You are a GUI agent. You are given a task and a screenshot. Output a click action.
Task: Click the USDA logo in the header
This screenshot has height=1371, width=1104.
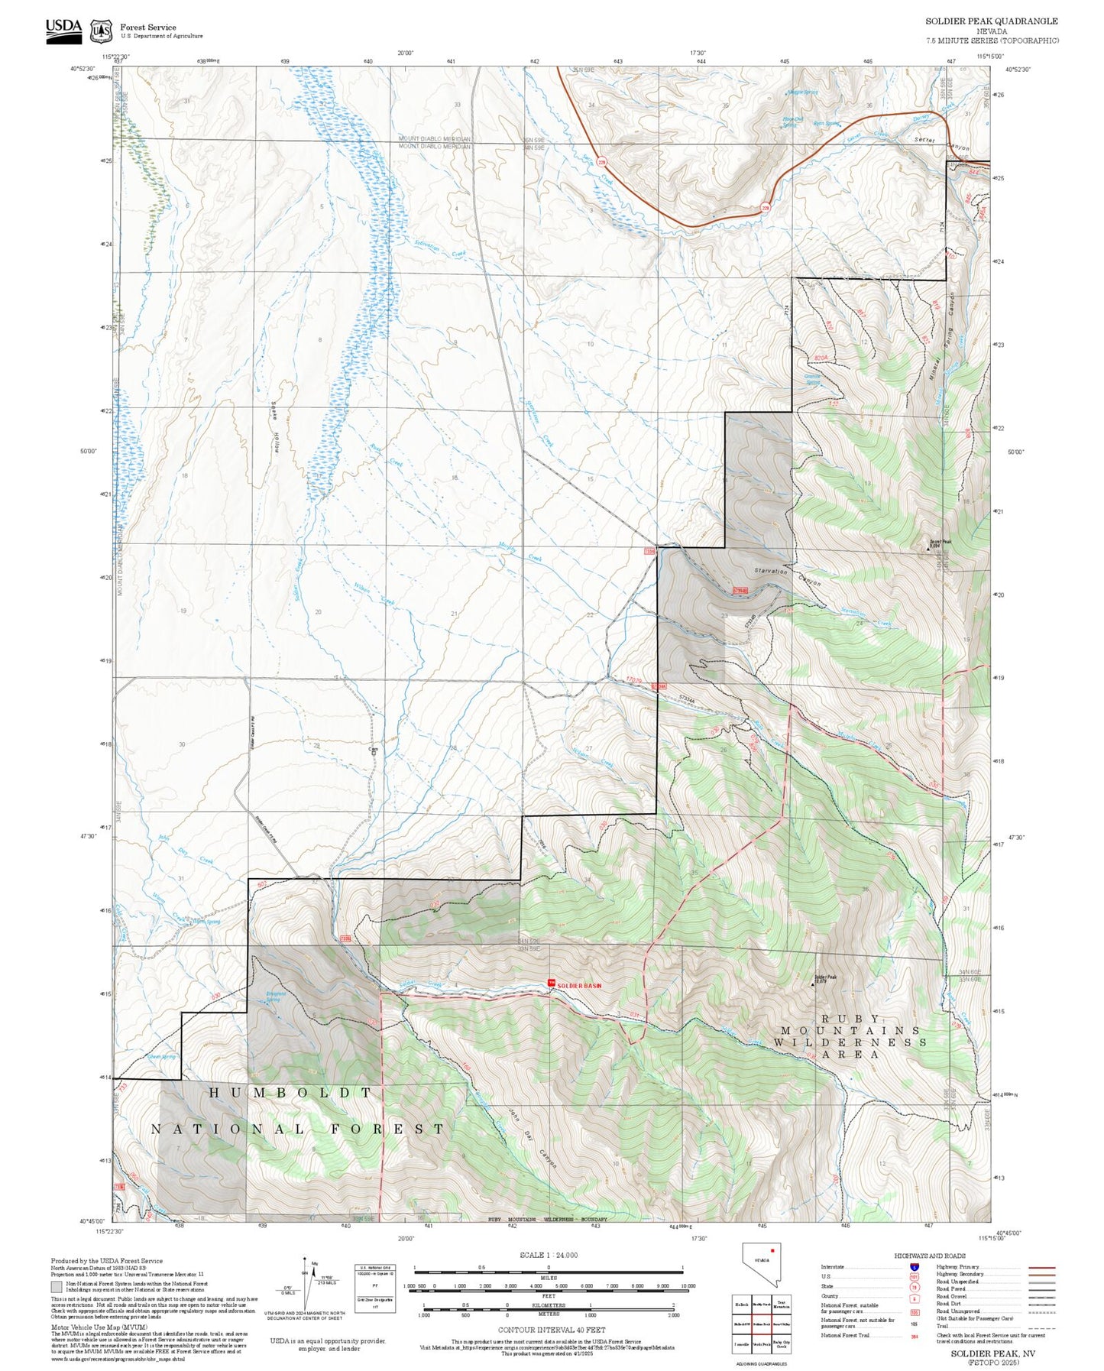coord(63,31)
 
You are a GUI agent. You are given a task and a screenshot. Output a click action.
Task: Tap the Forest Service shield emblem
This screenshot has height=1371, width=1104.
coord(101,31)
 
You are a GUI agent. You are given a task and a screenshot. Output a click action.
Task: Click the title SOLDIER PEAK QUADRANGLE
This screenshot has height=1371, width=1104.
coord(992,21)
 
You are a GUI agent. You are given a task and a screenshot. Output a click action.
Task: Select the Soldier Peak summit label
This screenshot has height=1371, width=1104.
coord(826,977)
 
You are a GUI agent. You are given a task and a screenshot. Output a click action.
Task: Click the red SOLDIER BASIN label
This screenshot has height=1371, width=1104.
coord(578,986)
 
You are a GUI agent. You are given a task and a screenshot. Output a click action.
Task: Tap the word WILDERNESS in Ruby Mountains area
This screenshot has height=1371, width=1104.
coord(850,1042)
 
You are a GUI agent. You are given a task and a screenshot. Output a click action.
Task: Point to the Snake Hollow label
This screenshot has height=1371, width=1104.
coord(274,427)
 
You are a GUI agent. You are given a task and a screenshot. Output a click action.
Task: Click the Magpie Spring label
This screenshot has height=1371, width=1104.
coord(802,92)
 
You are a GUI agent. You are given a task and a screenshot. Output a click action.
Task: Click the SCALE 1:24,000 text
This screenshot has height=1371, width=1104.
coord(549,1255)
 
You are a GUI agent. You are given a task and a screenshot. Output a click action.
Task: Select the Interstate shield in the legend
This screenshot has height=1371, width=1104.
coord(914,1266)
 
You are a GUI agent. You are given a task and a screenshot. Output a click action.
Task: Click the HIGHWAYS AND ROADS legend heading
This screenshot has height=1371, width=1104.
coord(931,1256)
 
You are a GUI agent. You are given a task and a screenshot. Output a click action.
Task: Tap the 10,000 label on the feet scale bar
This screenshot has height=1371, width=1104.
coord(688,1286)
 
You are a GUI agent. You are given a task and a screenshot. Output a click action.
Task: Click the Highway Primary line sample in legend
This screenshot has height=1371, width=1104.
coord(1042,1267)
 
